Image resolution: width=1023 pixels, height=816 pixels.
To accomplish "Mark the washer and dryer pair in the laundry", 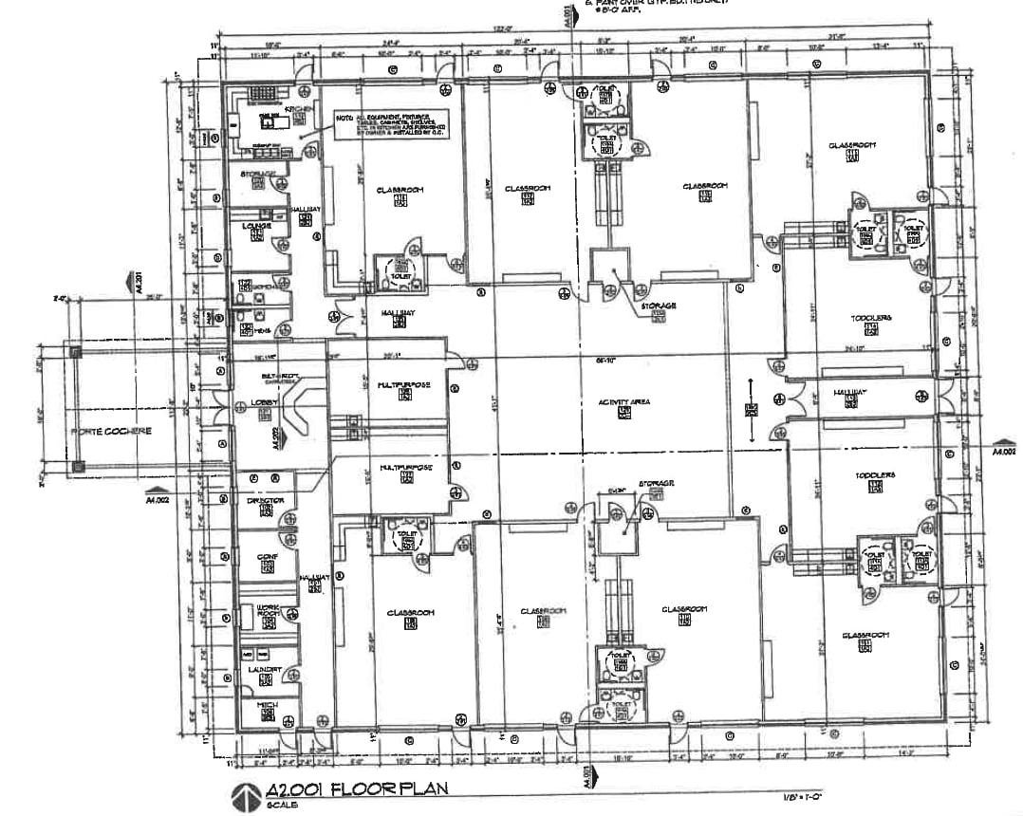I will point(254,655).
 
